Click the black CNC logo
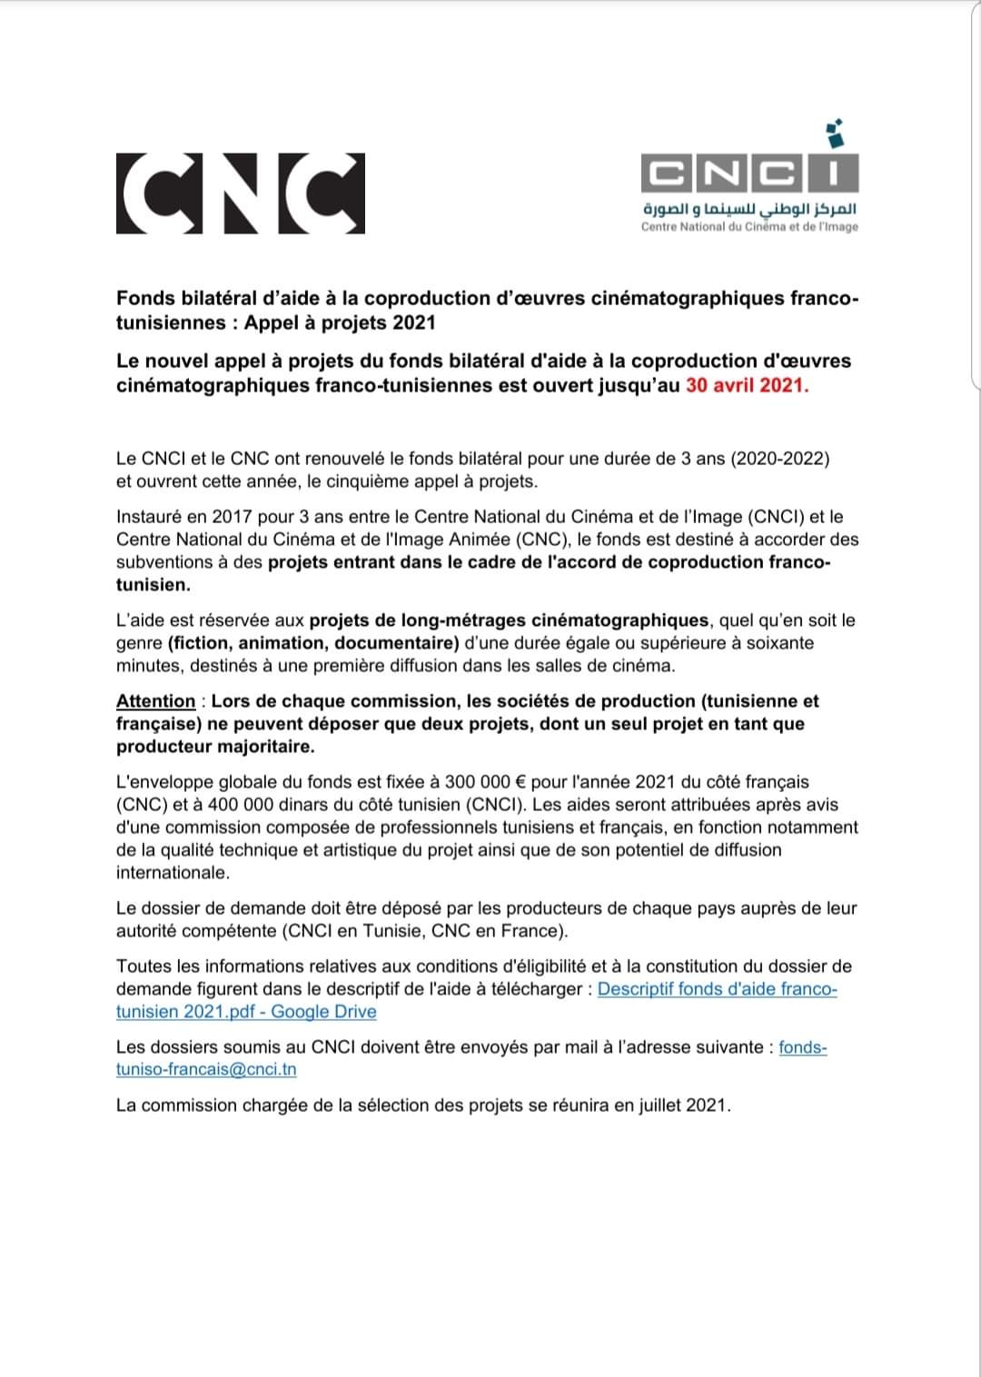[241, 193]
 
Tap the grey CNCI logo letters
[749, 173]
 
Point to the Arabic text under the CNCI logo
[749, 208]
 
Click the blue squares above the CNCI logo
[835, 134]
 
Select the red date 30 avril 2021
[747, 385]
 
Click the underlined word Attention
[155, 701]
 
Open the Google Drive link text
[323, 1012]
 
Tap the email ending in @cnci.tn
[206, 1069]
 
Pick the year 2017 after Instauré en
[232, 517]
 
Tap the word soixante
[777, 643]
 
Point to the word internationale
[173, 873]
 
